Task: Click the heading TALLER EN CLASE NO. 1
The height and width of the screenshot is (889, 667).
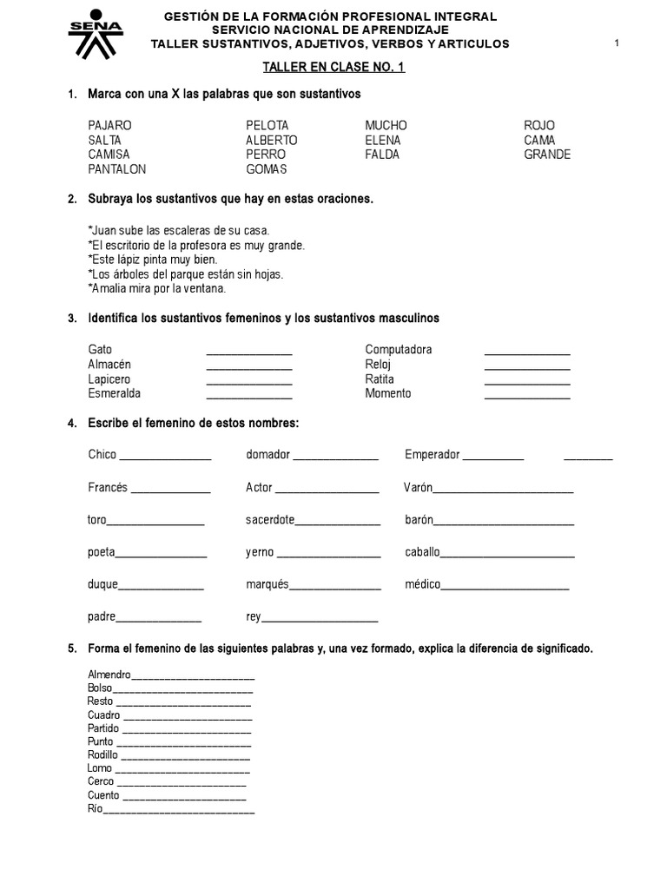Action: click(334, 68)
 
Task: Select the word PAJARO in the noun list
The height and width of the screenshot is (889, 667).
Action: click(109, 125)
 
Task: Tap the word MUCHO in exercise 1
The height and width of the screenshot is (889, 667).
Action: click(386, 125)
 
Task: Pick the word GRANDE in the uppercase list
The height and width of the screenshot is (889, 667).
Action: click(547, 155)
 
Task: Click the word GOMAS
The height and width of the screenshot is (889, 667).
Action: click(266, 169)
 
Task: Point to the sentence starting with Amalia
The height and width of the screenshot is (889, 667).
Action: click(156, 288)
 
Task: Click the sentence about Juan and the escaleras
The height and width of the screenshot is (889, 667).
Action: click(179, 230)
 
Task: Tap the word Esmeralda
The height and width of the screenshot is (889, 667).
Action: click(114, 393)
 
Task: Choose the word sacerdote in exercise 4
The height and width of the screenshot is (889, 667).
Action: click(270, 520)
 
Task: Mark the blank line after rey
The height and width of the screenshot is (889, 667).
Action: click(319, 619)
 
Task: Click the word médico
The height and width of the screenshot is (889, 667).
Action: click(423, 584)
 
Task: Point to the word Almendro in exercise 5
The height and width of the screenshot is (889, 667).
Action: click(109, 675)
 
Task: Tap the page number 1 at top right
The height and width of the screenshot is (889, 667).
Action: click(617, 43)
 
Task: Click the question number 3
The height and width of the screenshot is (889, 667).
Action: click(72, 319)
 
